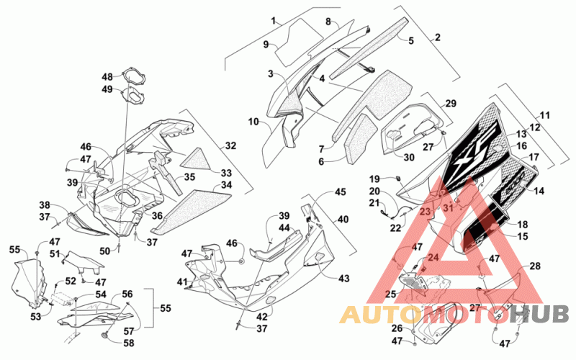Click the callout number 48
[107, 77]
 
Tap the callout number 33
[226, 173]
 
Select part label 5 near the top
[411, 40]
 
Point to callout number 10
[253, 121]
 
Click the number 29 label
[451, 103]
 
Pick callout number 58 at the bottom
[128, 343]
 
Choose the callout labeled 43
[344, 279]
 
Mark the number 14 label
[539, 191]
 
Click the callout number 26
[397, 328]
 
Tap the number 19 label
[374, 179]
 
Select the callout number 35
[189, 176]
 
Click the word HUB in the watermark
[539, 315]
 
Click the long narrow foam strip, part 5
[369, 48]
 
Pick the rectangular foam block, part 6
[360, 136]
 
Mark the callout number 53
[35, 316]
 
